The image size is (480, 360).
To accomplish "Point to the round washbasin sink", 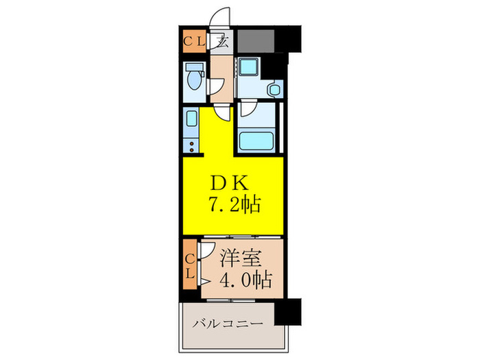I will (275, 88).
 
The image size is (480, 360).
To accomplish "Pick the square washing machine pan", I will (248, 70).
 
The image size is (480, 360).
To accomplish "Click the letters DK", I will (232, 183).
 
